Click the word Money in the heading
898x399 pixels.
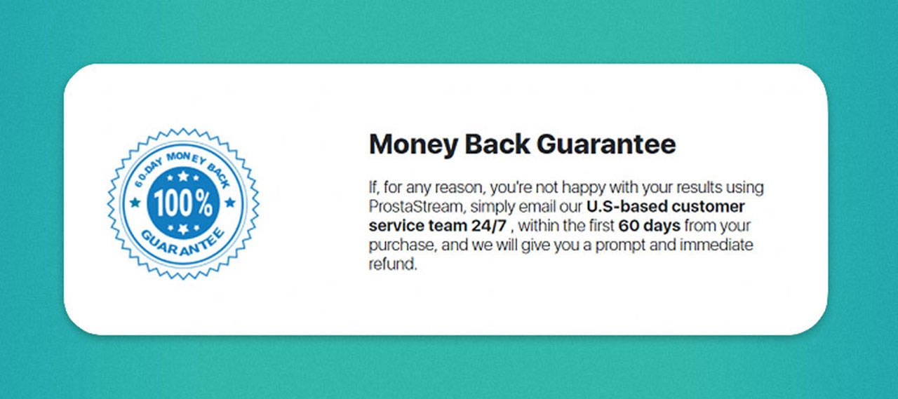(x=413, y=144)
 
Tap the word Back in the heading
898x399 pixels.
(x=497, y=144)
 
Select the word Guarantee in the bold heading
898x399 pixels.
(x=606, y=144)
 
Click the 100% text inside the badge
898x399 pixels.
(x=183, y=203)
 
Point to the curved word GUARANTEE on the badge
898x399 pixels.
(x=182, y=243)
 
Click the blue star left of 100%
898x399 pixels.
(x=135, y=202)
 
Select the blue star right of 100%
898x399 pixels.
(x=230, y=202)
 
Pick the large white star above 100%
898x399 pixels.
(x=183, y=176)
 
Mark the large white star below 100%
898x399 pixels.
(x=183, y=229)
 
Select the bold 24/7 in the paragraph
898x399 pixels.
(x=489, y=226)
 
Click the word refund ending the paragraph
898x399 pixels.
(x=393, y=264)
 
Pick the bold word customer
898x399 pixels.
(x=709, y=207)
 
